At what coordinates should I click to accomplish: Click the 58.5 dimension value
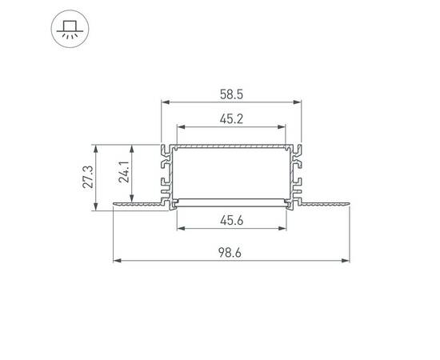point(232,94)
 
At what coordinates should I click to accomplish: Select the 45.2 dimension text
point(232,118)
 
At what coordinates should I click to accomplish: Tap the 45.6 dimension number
point(232,221)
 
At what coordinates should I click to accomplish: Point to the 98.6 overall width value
point(232,253)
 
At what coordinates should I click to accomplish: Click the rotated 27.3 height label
point(89,177)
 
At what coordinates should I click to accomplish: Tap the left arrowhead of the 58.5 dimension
point(166,102)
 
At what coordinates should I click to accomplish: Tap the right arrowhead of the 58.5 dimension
point(302,102)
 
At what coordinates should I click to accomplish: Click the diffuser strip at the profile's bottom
point(231,201)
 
